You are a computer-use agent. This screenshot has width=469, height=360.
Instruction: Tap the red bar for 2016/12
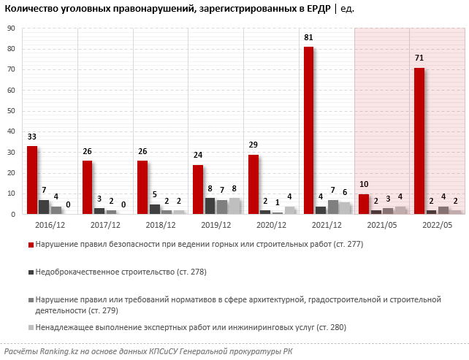[32, 180]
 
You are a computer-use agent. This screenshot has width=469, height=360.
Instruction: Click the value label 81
[308, 37]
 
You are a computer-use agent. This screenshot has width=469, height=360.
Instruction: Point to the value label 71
[419, 58]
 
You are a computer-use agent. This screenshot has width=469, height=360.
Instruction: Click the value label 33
[32, 137]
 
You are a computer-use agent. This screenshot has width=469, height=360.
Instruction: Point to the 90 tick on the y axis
[12, 28]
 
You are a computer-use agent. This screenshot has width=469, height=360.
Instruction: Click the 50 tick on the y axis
[12, 111]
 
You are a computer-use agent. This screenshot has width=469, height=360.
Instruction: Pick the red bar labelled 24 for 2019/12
[198, 189]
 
